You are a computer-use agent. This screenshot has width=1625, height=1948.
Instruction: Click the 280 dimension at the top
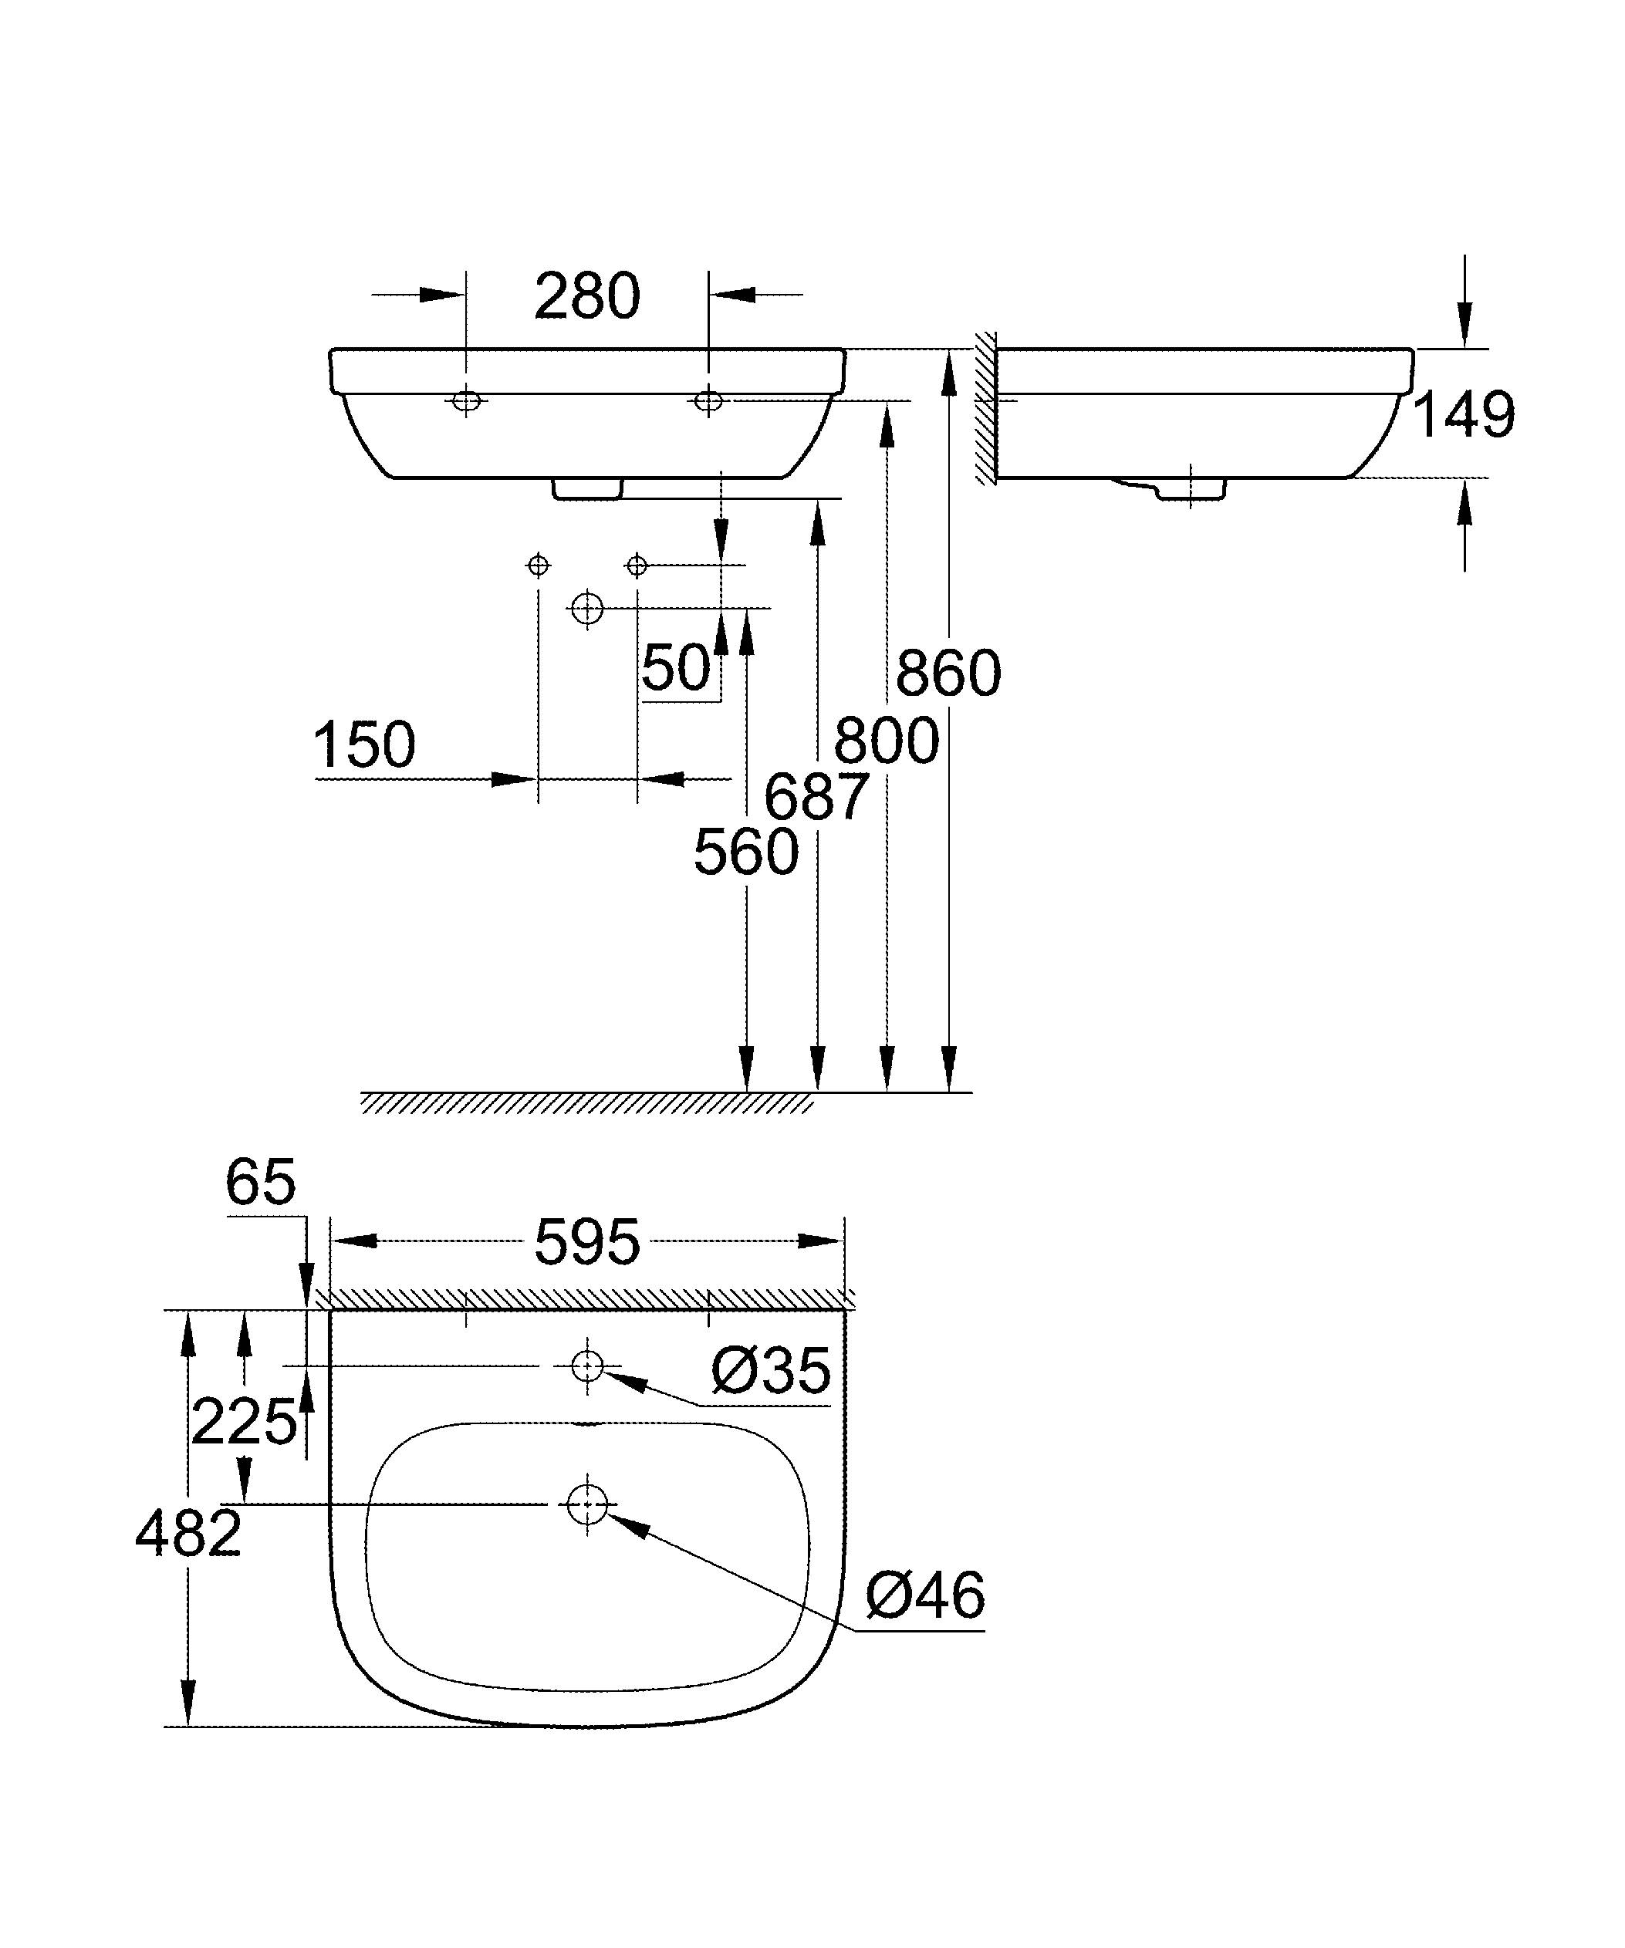[586, 297]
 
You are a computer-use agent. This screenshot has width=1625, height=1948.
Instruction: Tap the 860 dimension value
[948, 674]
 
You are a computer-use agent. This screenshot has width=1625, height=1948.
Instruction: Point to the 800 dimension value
[887, 741]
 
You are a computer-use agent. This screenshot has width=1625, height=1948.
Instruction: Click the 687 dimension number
[816, 797]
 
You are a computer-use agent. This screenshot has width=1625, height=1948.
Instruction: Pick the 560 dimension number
[745, 852]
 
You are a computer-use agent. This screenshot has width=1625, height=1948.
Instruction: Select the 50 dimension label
[675, 667]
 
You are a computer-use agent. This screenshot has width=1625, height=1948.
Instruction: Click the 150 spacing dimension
[363, 745]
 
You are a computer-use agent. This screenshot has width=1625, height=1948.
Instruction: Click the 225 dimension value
[243, 1422]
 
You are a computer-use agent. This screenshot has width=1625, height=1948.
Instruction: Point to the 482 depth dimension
[188, 1534]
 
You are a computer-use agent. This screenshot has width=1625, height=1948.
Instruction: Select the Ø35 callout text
[770, 1371]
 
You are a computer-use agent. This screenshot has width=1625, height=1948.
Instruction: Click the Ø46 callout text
[924, 1595]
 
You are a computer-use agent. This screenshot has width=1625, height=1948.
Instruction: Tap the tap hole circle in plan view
[587, 1366]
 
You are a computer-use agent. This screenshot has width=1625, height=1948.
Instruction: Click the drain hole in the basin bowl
[587, 1504]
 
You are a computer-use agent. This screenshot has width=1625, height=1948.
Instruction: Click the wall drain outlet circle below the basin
[586, 609]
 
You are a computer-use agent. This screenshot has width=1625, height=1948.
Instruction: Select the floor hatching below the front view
[586, 1103]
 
